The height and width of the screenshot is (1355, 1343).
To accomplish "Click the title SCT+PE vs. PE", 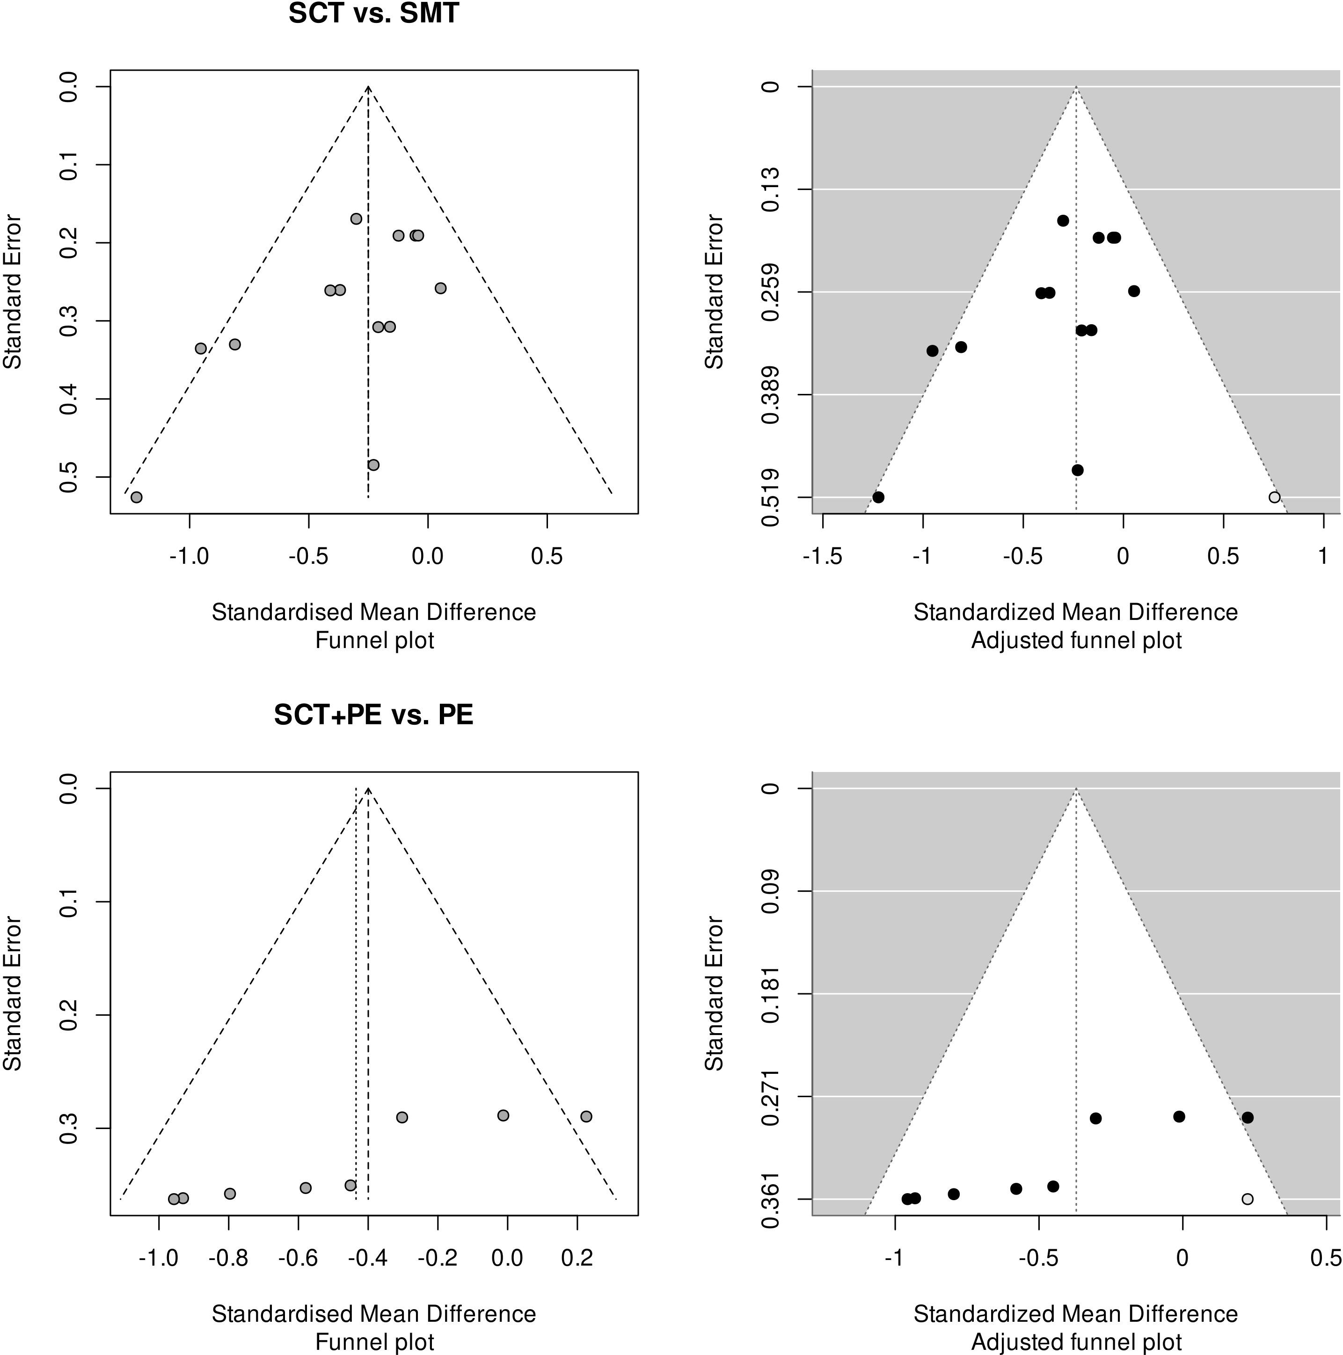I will click(374, 714).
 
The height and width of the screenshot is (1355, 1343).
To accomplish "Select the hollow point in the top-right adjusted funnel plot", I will click(1274, 497).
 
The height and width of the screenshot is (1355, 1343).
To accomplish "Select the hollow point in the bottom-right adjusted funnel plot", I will click(1247, 1199).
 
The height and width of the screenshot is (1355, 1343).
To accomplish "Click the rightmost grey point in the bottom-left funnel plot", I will click(586, 1116).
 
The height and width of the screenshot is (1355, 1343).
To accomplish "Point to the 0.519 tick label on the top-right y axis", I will click(770, 497).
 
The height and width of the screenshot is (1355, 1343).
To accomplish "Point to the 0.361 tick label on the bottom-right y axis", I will click(770, 1199).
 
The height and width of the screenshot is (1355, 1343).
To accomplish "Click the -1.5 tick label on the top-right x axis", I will click(823, 556).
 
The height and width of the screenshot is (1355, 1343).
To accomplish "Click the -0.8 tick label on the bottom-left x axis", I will click(229, 1258).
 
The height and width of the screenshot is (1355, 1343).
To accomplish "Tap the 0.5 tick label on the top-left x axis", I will click(547, 556).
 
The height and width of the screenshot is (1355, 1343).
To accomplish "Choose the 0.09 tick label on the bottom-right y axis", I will click(770, 891).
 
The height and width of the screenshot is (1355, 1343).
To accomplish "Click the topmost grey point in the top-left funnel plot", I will click(356, 219).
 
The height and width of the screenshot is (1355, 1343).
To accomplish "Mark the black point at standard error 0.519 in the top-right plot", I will click(878, 497).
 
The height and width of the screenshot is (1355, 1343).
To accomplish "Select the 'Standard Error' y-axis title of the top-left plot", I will click(13, 292).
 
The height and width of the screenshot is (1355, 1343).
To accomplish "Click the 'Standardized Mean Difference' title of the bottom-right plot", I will click(1076, 1314).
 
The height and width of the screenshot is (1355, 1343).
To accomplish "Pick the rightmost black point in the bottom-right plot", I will click(1247, 1117).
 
